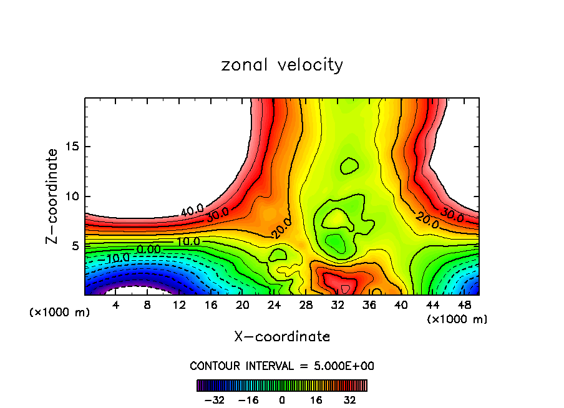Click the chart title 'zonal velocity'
coord(282,65)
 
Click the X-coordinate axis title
coord(282,336)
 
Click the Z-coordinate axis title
coord(52,196)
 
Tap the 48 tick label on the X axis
coord(464,305)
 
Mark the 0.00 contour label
coord(148,250)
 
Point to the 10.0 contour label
coord(187,241)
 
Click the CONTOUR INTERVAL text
coord(282,366)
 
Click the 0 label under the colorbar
coord(282,399)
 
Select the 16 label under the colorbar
coord(316,399)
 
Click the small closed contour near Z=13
coord(349,166)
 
